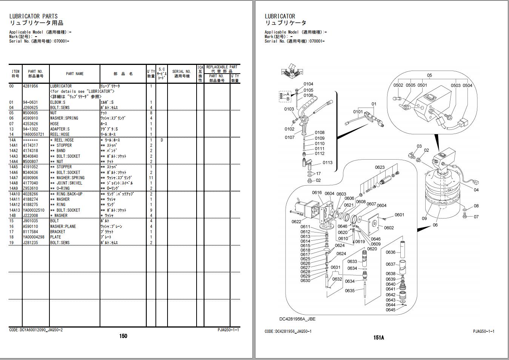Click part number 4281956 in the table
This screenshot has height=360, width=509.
pos(31,86)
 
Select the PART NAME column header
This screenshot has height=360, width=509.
pos(75,74)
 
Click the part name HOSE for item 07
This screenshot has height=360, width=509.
pos(55,124)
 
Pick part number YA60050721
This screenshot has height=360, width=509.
pos(34,134)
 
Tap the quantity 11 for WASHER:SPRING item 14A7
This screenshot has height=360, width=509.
pos(151,178)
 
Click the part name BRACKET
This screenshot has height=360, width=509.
pos(58,232)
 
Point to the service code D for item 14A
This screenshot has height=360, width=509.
pos(162,140)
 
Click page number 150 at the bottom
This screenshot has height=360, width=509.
pos(123,336)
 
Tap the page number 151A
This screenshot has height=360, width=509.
pos(379,338)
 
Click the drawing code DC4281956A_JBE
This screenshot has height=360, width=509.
pos(297,319)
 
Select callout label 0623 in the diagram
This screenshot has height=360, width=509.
pos(380,168)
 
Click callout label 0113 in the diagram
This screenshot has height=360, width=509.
pos(328,163)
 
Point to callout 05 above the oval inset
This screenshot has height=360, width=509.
pos(429,75)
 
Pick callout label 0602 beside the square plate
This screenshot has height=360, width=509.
pos(389,228)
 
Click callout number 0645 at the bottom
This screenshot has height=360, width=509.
pos(391,310)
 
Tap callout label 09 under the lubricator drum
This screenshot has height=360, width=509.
pos(424,218)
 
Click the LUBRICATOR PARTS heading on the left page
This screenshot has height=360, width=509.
pos(34,16)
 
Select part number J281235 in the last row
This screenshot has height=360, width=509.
pos(31,243)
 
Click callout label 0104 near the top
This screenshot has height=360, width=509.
pos(308,84)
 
